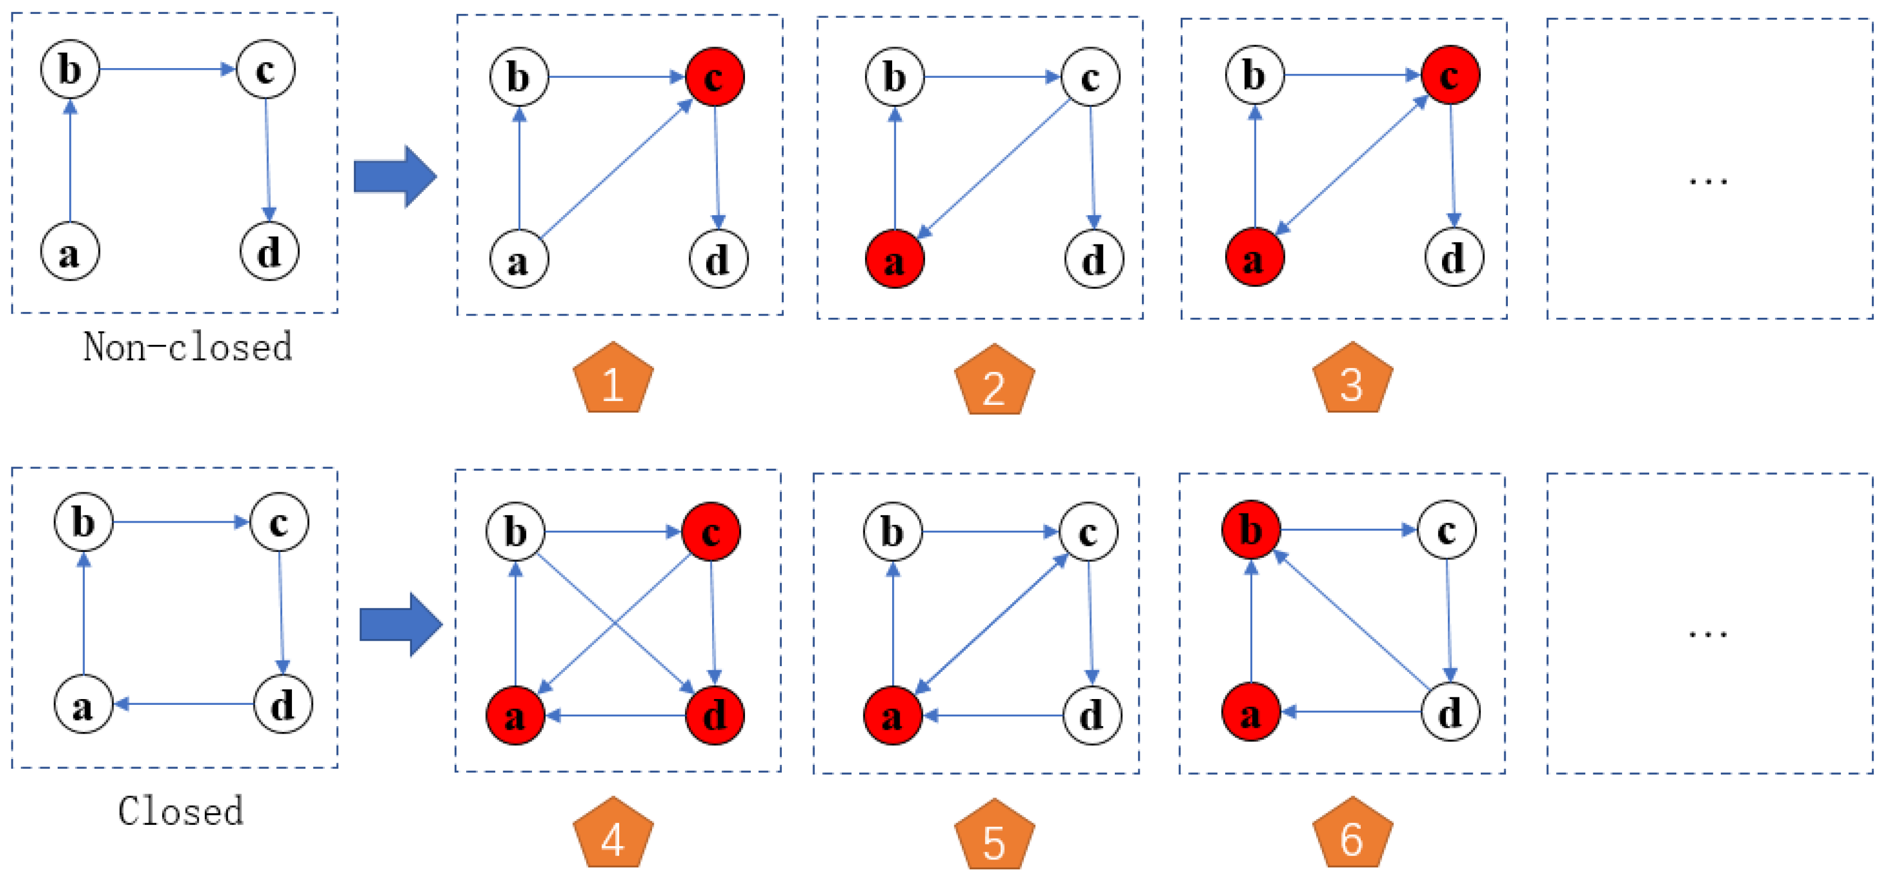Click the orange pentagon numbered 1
(x=613, y=380)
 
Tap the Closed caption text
(x=181, y=812)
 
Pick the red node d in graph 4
(x=715, y=715)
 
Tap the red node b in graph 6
(x=1252, y=529)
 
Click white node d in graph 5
(x=1092, y=715)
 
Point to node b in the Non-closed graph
(x=70, y=70)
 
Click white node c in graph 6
(x=1447, y=529)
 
